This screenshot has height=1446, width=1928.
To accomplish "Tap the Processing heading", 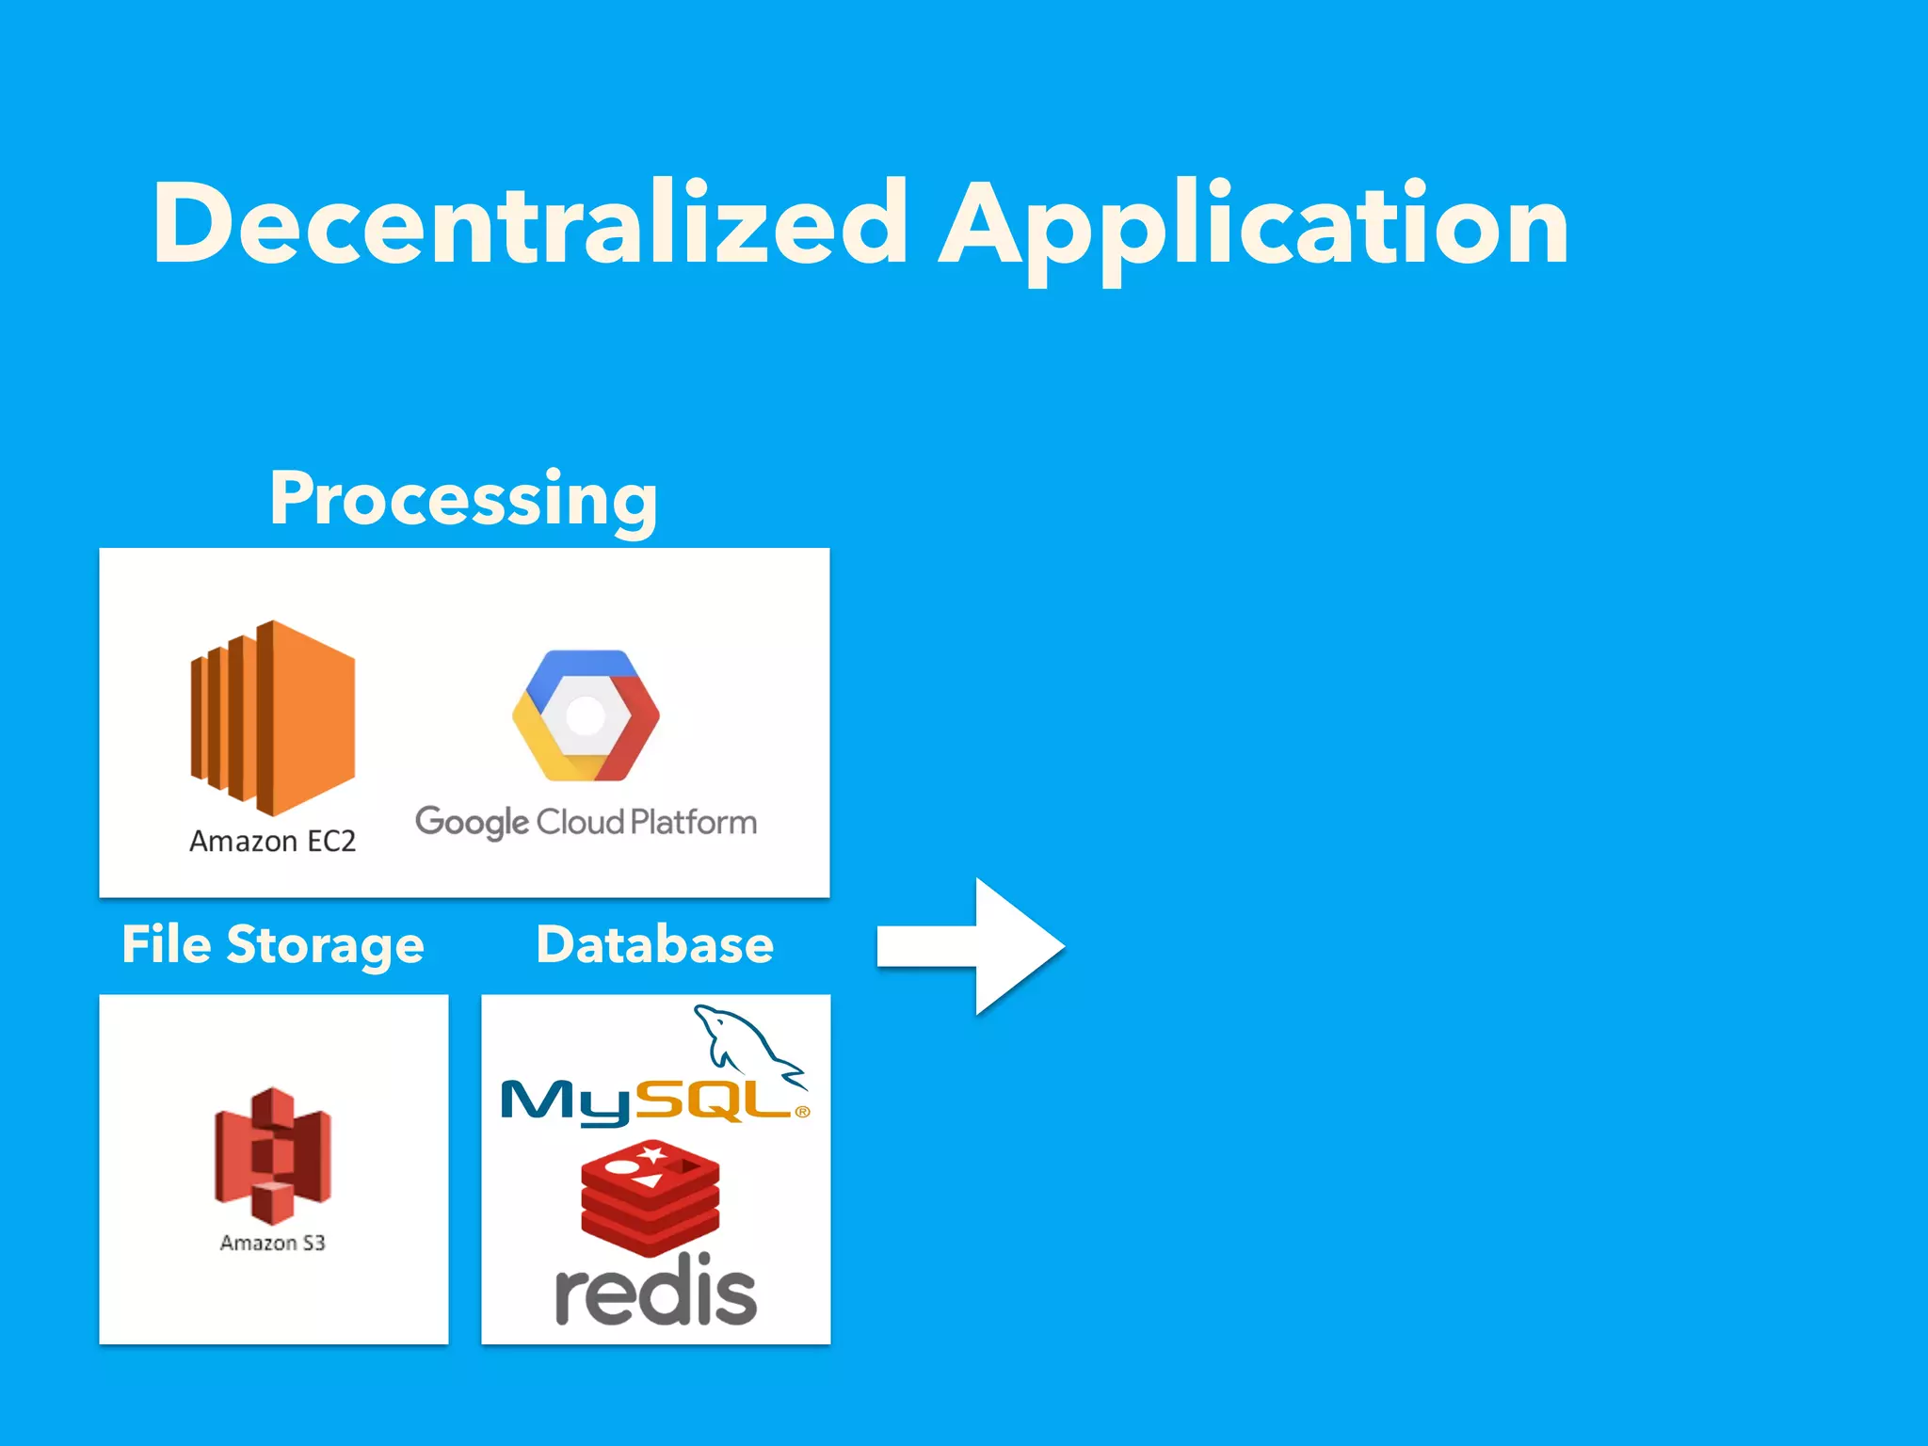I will coord(463,499).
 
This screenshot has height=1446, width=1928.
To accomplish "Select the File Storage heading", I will coord(273,945).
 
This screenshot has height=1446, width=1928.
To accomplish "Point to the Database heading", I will coord(655,945).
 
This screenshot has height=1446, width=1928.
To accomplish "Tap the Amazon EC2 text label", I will coord(273,841).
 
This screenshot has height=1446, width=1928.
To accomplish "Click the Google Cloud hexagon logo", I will coord(586,715).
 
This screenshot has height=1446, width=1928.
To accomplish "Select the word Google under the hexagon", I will coord(472,823).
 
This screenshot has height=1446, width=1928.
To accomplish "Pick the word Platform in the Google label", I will coord(694,822).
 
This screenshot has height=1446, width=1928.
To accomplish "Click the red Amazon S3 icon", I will coord(273,1156).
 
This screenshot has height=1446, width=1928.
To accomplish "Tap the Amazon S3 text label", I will coord(273,1244).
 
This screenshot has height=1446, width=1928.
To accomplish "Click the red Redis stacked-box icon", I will coord(651,1196).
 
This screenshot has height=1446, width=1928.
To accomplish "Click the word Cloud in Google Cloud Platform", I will coord(580,822).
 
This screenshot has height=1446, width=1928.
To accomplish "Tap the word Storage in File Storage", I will coord(326,945).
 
